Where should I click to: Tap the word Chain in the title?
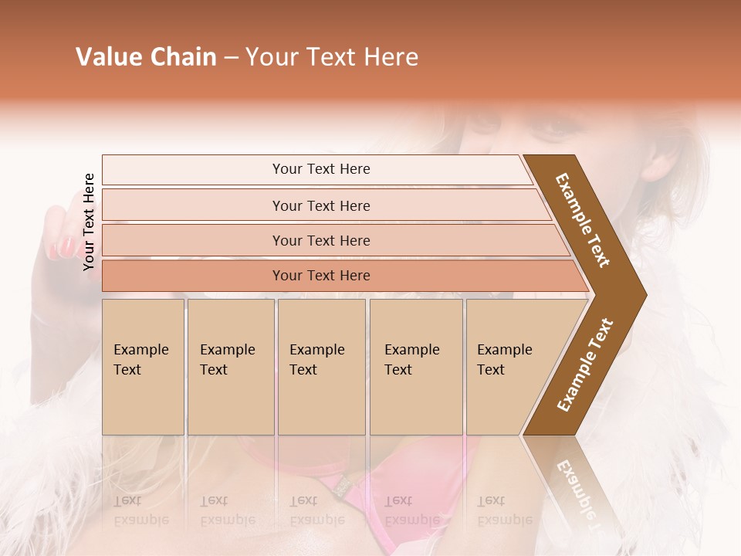point(184,57)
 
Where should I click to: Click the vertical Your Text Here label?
point(89,222)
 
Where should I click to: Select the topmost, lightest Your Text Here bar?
point(320,169)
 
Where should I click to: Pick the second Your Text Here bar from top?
point(320,205)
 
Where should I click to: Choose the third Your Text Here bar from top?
point(320,240)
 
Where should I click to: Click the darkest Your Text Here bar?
point(320,276)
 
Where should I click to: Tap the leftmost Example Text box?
point(143,367)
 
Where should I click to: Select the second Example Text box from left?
point(230,367)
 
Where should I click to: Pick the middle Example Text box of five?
point(321,367)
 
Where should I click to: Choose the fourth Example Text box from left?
point(415,367)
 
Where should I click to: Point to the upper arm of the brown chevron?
point(584,220)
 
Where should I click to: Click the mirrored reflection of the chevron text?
point(577,486)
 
